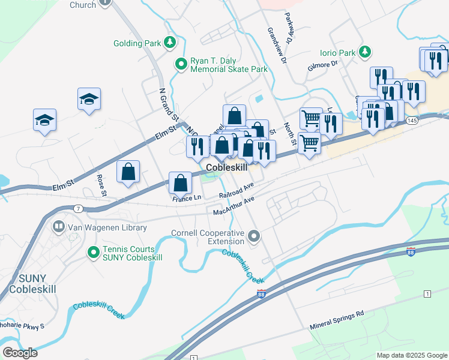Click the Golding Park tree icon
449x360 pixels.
tap(170, 43)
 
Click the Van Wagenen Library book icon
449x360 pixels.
tap(59, 227)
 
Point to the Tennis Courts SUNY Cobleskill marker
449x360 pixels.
tap(93, 253)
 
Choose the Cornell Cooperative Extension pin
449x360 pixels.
tap(254, 236)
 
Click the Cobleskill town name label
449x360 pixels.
tap(226, 168)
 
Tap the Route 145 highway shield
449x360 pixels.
tap(412, 121)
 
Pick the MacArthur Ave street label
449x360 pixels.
tap(234, 206)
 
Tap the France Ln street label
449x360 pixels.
tap(187, 198)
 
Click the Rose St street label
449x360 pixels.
tap(101, 185)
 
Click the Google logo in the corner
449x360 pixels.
tap(19, 352)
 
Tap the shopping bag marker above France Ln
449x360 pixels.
tap(180, 183)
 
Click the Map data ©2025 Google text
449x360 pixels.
tap(411, 355)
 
